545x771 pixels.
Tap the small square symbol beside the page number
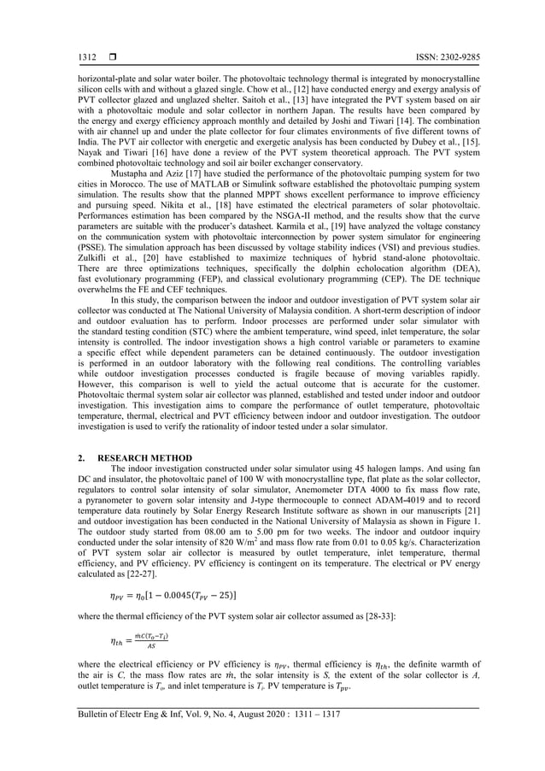[x=112, y=57]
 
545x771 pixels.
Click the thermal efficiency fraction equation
[x=139, y=641]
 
